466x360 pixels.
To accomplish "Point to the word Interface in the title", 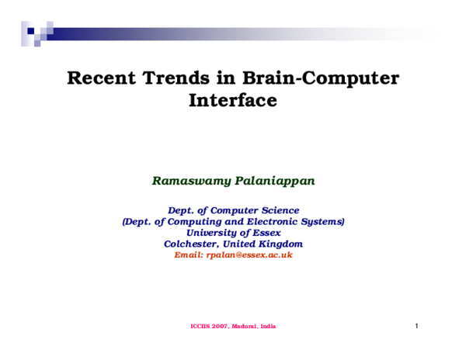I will [233, 100].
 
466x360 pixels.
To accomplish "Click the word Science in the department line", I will [277, 210].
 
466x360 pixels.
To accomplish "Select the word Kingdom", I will [277, 244].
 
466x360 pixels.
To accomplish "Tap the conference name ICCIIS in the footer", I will [201, 327].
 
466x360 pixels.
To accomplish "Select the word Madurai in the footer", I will [248, 327].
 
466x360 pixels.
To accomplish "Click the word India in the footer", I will [269, 327].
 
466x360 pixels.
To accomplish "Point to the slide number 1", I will [416, 326].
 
